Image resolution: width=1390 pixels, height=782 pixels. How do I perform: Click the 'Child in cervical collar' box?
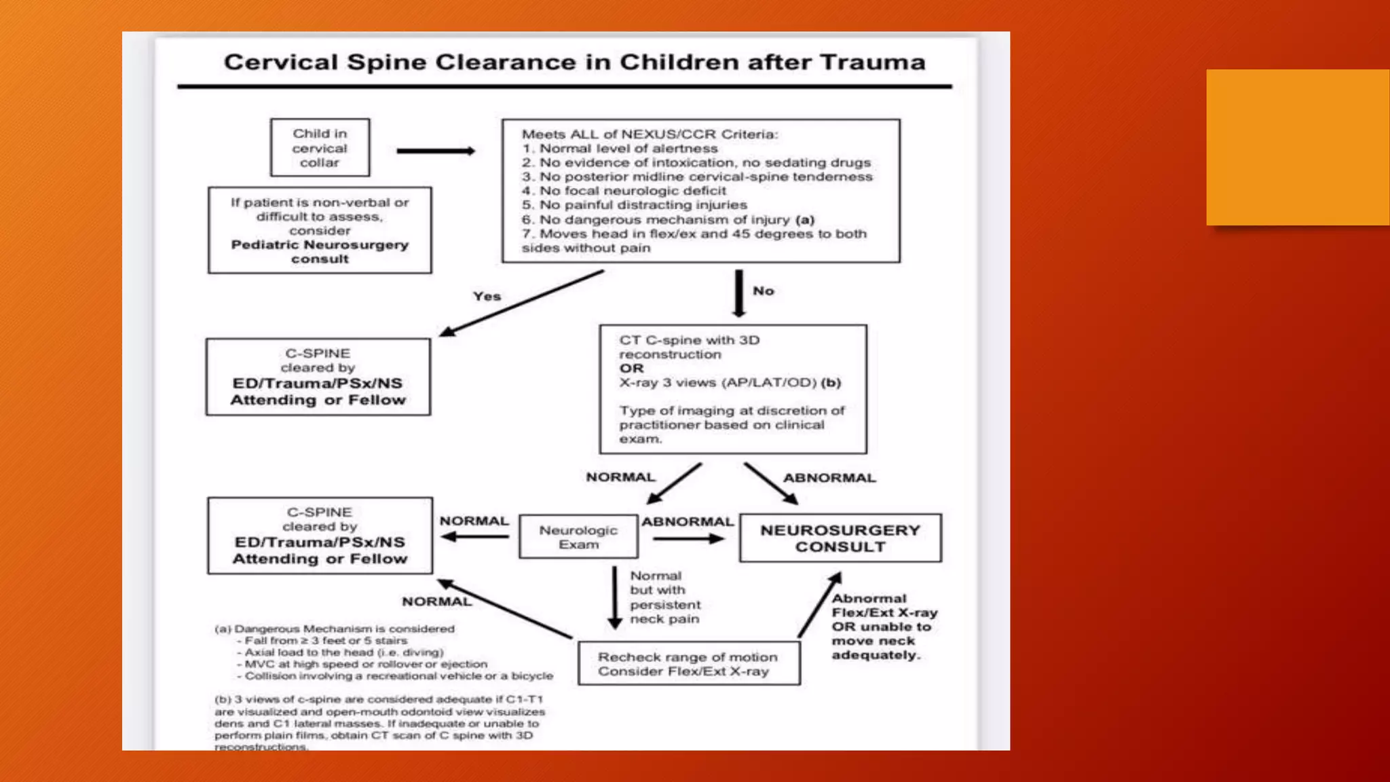320,148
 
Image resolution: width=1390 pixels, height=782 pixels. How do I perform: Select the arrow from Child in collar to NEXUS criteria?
435,151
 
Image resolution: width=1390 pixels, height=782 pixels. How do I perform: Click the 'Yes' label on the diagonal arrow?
487,296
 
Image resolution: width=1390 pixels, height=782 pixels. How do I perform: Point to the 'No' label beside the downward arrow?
763,291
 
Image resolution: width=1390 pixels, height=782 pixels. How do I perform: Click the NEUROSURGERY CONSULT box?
840,538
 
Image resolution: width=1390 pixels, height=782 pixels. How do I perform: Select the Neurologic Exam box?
578,537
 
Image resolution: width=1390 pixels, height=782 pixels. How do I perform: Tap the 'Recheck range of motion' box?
688,664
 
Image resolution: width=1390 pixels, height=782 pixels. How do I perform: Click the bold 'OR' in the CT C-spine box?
631,369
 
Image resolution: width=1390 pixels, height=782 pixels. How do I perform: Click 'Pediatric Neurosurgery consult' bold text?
320,252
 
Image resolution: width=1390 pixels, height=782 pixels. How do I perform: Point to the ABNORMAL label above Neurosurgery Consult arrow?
829,478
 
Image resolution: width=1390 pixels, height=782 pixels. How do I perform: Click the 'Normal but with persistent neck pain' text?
664,597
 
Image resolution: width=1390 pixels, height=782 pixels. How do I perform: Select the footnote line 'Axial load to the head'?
343,652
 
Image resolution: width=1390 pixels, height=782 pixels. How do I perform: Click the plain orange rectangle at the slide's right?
1297,147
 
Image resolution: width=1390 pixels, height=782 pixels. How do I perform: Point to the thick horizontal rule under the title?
564,87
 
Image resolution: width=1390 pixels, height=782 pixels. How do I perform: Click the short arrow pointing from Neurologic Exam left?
474,537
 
